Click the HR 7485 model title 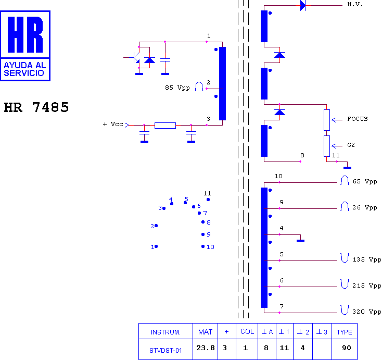(36, 107)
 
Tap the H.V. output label (355, 4)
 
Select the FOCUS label (358, 119)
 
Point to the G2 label (351, 145)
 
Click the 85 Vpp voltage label (177, 88)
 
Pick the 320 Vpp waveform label (367, 312)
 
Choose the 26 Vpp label (365, 207)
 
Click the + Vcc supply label (113, 124)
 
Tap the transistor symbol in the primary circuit (135, 57)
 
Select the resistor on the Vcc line (165, 126)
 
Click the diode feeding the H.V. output (303, 5)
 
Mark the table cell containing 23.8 (206, 348)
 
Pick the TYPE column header (344, 332)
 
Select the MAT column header (205, 332)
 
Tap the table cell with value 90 (347, 348)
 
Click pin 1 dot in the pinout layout (156, 246)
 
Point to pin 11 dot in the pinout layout (208, 200)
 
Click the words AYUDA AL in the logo (25, 65)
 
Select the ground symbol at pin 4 (301, 241)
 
